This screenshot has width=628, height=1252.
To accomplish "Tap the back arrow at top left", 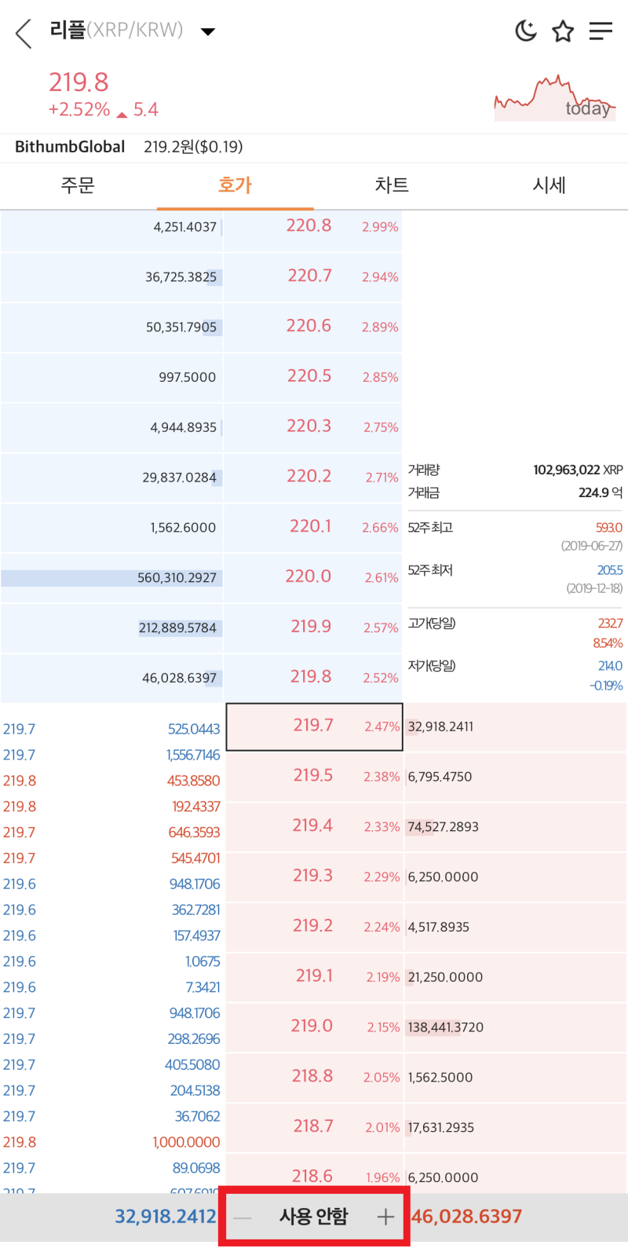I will pyautogui.click(x=24, y=33).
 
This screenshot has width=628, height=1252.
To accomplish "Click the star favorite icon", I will pyautogui.click(x=563, y=31).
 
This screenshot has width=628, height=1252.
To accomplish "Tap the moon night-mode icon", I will pyautogui.click(x=525, y=31).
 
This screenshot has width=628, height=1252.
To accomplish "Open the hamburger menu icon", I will pyautogui.click(x=601, y=31).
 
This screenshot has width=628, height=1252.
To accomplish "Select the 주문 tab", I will pyautogui.click(x=78, y=185).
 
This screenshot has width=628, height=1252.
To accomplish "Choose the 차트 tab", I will pyautogui.click(x=392, y=185).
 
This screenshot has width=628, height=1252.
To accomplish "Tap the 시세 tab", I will pyautogui.click(x=549, y=185).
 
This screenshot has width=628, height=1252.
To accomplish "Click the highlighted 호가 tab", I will pyautogui.click(x=235, y=185).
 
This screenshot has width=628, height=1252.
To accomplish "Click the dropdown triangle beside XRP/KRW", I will pyautogui.click(x=208, y=32).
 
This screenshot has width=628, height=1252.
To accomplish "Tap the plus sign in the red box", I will pyautogui.click(x=385, y=1217).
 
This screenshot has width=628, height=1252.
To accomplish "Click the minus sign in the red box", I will pyautogui.click(x=243, y=1217).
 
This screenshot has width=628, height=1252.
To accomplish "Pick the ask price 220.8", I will pyautogui.click(x=309, y=226).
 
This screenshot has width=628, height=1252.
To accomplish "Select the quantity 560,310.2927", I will pyautogui.click(x=177, y=578).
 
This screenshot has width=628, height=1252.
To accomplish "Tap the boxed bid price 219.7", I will pyautogui.click(x=312, y=726).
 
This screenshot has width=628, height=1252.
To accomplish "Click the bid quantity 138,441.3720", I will pyautogui.click(x=446, y=1027).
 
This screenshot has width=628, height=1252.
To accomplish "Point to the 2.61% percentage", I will pyautogui.click(x=382, y=578).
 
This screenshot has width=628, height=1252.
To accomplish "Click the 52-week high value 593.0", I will pyautogui.click(x=608, y=528).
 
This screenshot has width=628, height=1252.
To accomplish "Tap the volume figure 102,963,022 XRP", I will pyautogui.click(x=578, y=470).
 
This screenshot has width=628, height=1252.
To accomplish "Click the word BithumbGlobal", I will pyautogui.click(x=70, y=147).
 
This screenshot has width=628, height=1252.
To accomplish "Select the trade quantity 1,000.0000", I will pyautogui.click(x=186, y=1143).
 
